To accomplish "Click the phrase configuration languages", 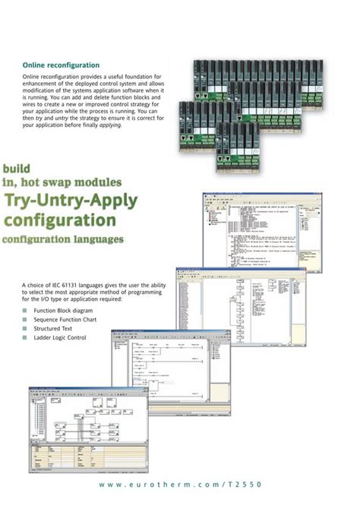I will point(63,240).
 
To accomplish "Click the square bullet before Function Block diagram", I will point(25,311).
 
